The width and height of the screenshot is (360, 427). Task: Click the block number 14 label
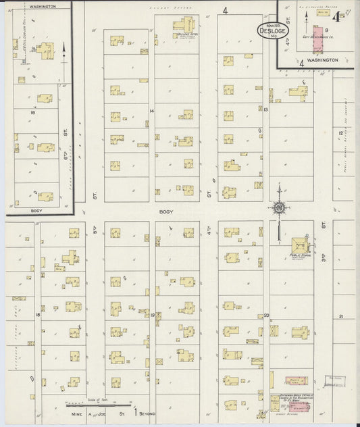(x=152, y=110)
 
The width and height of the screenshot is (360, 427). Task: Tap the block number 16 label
(x=32, y=112)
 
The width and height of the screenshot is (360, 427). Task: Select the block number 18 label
(x=38, y=315)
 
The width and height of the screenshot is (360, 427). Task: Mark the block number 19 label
(x=153, y=315)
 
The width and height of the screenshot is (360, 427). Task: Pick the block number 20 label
(x=267, y=315)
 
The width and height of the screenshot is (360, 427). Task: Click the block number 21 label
(x=341, y=316)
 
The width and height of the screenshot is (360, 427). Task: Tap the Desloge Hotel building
(x=183, y=26)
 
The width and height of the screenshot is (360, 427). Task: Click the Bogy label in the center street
(x=165, y=211)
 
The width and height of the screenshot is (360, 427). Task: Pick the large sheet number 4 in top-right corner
(x=344, y=14)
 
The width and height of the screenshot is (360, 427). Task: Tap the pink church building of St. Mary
(x=296, y=381)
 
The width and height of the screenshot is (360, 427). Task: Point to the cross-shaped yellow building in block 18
(x=70, y=257)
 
